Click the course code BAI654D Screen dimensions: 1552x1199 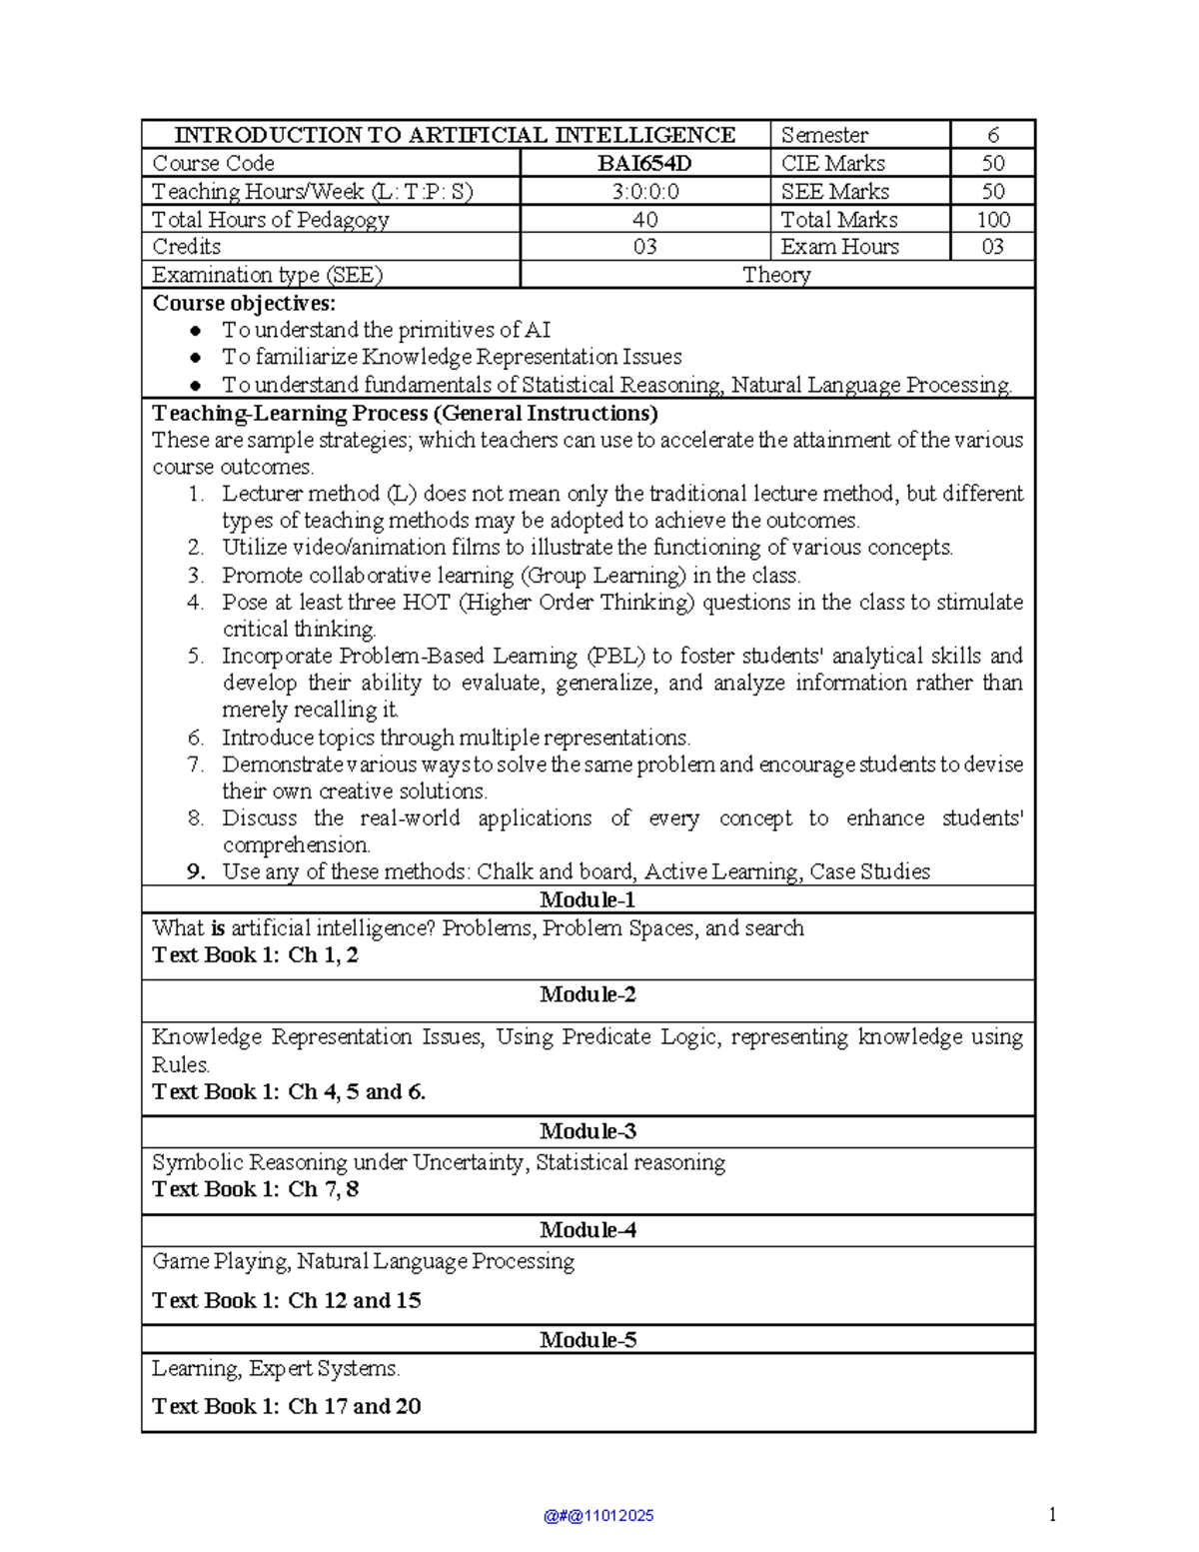(644, 163)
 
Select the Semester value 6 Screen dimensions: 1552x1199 (992, 135)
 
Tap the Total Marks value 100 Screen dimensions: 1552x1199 (992, 219)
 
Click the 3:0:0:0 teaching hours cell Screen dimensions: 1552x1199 (644, 191)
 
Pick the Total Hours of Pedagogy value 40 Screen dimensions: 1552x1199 (644, 219)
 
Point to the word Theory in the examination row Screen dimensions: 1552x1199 (776, 275)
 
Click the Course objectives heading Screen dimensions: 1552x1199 (244, 303)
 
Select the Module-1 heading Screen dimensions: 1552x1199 (588, 899)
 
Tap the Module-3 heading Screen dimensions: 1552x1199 (588, 1131)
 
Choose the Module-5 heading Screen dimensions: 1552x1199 (588, 1340)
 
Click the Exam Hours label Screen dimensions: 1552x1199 (839, 247)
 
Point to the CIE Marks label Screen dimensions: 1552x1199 (832, 163)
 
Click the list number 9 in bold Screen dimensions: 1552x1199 (196, 871)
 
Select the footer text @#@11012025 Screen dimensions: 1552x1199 (599, 1515)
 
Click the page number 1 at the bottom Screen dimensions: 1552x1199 (1052, 1514)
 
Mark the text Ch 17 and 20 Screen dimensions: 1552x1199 (354, 1406)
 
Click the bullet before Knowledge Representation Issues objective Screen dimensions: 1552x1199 (197, 358)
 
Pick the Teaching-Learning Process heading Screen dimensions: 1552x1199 (405, 413)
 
